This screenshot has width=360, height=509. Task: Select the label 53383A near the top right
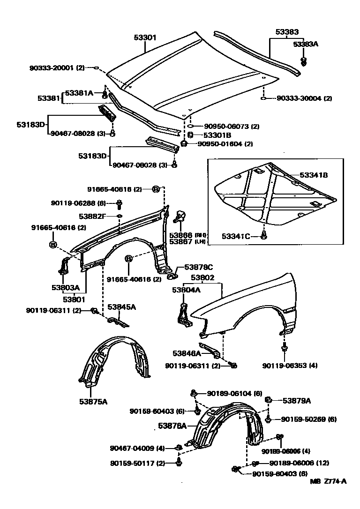point(306,44)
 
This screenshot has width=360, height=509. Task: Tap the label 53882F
point(92,216)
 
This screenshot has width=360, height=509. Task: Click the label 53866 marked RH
point(181,235)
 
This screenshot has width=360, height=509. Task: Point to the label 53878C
point(198,267)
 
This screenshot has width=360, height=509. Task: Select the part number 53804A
point(186,290)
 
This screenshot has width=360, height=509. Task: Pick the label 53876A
point(172,426)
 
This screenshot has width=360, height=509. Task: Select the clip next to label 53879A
point(270,400)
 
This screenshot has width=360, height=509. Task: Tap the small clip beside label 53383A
point(304,60)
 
